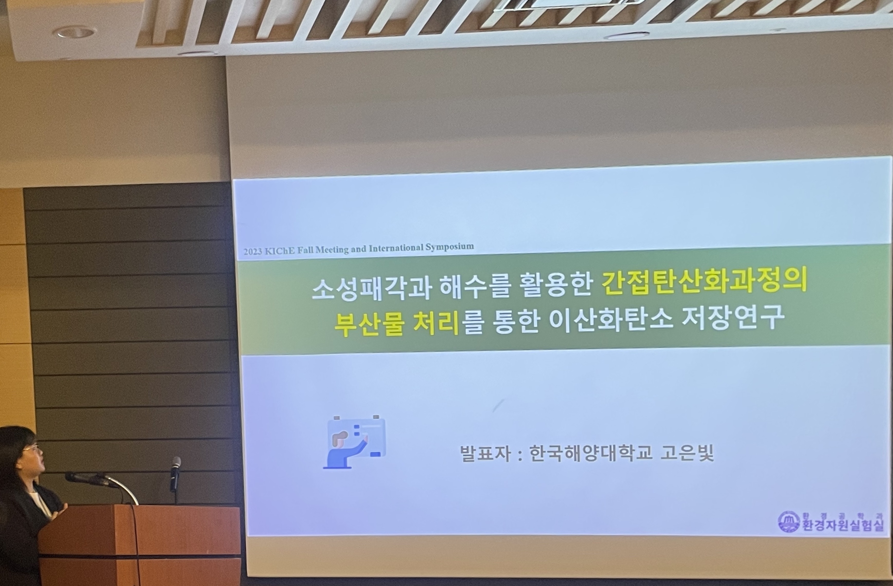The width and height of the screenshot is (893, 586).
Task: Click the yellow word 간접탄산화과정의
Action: pyautogui.click(x=704, y=282)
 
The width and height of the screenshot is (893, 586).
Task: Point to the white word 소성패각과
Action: pyautogui.click(x=371, y=289)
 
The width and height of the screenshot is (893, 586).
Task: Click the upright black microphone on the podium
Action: pyautogui.click(x=175, y=474)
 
